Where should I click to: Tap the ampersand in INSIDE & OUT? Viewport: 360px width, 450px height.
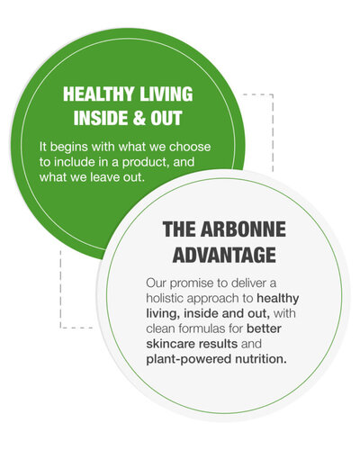136,118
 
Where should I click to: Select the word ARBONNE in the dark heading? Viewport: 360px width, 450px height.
243,229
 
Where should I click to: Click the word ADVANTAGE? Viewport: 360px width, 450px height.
224,256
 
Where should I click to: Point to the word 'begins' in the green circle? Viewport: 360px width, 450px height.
69,148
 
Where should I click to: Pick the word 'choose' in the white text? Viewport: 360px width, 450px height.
190,147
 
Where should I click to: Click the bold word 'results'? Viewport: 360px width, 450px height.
217,344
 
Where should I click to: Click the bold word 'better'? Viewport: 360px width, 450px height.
264,328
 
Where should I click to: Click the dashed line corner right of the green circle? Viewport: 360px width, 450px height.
273,94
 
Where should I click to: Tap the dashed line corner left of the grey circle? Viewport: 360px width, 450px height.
61,328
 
